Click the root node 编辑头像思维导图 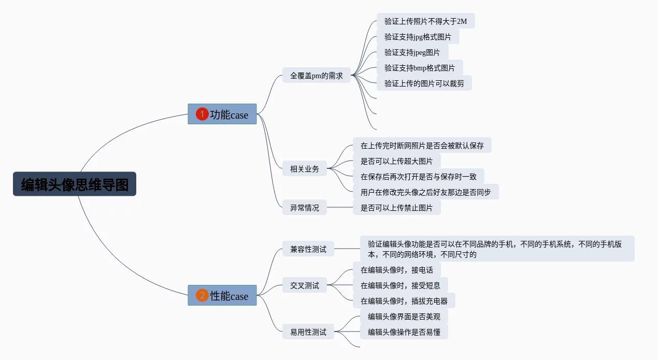75,184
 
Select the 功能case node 222,114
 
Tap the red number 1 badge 202,114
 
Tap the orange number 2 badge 202,295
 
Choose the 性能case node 222,295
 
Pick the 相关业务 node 305,168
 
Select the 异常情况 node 305,208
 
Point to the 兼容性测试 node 308,249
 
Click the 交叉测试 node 305,285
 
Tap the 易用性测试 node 308,332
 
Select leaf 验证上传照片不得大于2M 425,21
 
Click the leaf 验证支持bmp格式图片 419,67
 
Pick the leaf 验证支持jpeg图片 412,52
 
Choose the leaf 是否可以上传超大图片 396,161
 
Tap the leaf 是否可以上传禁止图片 396,208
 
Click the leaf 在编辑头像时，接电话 396,269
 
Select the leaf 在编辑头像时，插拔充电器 404,300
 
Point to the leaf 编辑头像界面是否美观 404,316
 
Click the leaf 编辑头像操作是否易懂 404,332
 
